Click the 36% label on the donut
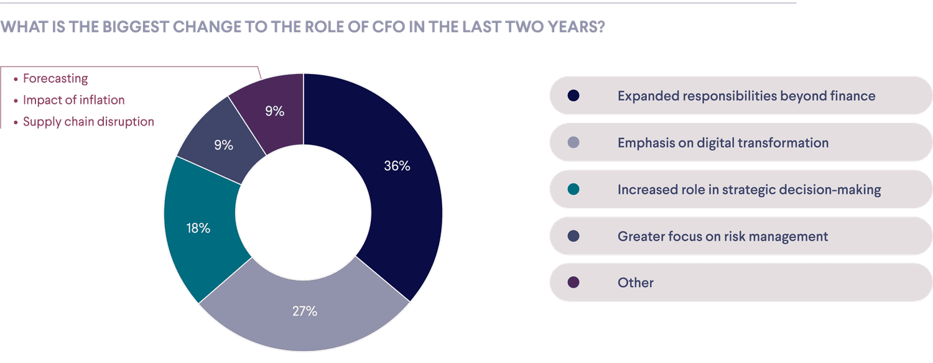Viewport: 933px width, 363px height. tap(397, 166)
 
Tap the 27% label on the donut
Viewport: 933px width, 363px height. tap(305, 311)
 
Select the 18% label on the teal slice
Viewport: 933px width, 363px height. tap(198, 228)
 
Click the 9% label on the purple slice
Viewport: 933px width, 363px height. tap(274, 111)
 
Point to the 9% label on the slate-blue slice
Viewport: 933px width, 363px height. tap(223, 145)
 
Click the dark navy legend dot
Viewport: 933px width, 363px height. tap(573, 96)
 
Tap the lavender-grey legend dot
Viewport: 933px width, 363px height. tap(573, 143)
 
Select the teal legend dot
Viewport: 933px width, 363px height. tap(573, 190)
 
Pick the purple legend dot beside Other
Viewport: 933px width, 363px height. tap(573, 283)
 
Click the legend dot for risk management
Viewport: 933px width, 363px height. tap(573, 236)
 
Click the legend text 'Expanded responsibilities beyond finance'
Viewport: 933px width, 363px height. tap(746, 96)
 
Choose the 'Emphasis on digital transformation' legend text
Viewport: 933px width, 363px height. tap(723, 143)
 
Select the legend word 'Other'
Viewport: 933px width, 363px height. tap(635, 283)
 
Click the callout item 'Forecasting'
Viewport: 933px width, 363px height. tap(55, 79)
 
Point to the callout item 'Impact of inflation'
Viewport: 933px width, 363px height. tap(73, 100)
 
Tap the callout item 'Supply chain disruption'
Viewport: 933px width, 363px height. tap(88, 122)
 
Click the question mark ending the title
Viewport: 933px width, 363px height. tap(600, 28)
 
